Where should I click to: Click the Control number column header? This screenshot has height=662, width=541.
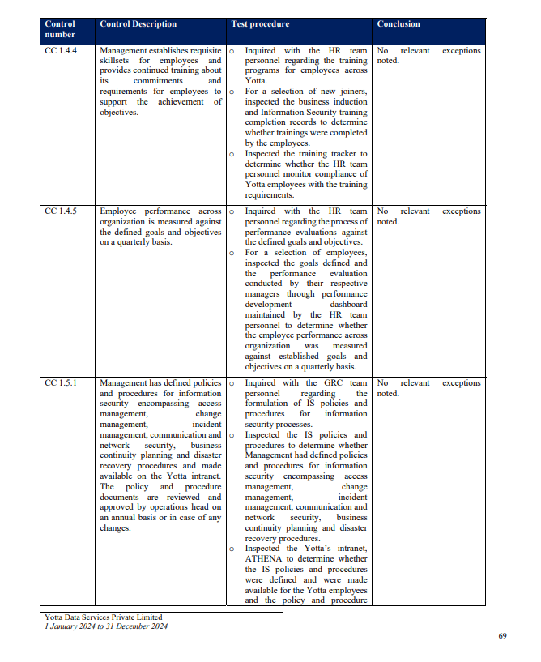(x=62, y=29)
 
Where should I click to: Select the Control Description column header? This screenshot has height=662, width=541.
(x=138, y=24)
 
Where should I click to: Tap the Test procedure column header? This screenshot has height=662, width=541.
(x=260, y=24)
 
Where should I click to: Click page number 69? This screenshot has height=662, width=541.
(x=502, y=636)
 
